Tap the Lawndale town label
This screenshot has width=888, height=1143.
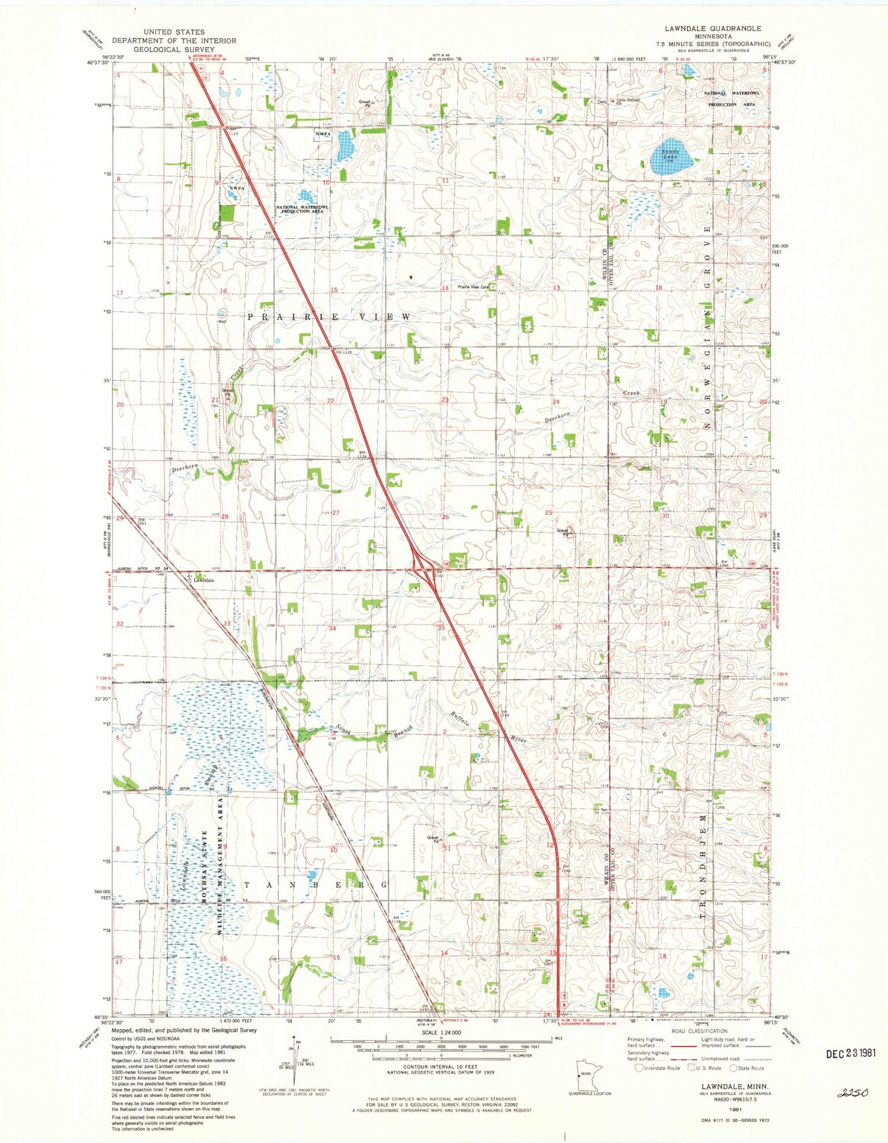click(x=203, y=581)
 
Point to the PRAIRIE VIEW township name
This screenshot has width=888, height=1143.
click(x=329, y=317)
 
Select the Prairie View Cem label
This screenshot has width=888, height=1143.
click(x=474, y=287)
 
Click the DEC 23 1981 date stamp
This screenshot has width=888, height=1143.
click(x=850, y=1053)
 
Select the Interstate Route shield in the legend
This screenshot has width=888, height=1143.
click(x=639, y=1068)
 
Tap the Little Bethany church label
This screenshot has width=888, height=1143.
click(x=628, y=100)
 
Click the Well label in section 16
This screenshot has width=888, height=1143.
click(x=222, y=322)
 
